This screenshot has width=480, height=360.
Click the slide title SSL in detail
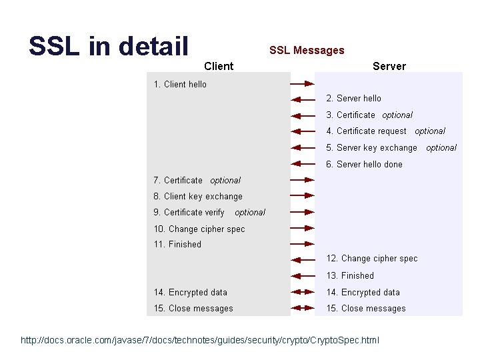[109, 46]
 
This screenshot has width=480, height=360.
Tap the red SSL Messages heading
[307, 50]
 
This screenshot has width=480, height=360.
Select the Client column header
[219, 65]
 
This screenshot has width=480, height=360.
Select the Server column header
[389, 65]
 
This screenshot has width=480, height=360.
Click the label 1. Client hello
[180, 84]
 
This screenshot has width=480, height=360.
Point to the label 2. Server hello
[353, 98]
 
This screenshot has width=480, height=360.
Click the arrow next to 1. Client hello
[303, 84]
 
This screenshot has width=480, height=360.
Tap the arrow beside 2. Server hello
[303, 99]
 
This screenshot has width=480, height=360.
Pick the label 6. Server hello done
[364, 164]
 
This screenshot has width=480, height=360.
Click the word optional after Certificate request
[430, 131]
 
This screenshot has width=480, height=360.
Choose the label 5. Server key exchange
[371, 147]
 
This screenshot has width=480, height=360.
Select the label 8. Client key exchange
[198, 196]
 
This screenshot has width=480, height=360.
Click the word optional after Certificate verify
[250, 213]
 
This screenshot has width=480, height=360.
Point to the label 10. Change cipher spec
[199, 229]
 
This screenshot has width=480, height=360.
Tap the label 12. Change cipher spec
[372, 258]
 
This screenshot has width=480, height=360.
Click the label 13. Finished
[350, 275]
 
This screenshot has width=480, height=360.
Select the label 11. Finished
[177, 244]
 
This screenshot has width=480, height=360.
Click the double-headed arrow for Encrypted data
[303, 293]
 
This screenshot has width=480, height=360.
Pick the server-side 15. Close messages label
[366, 308]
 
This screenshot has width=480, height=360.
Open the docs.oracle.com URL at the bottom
[200, 341]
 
